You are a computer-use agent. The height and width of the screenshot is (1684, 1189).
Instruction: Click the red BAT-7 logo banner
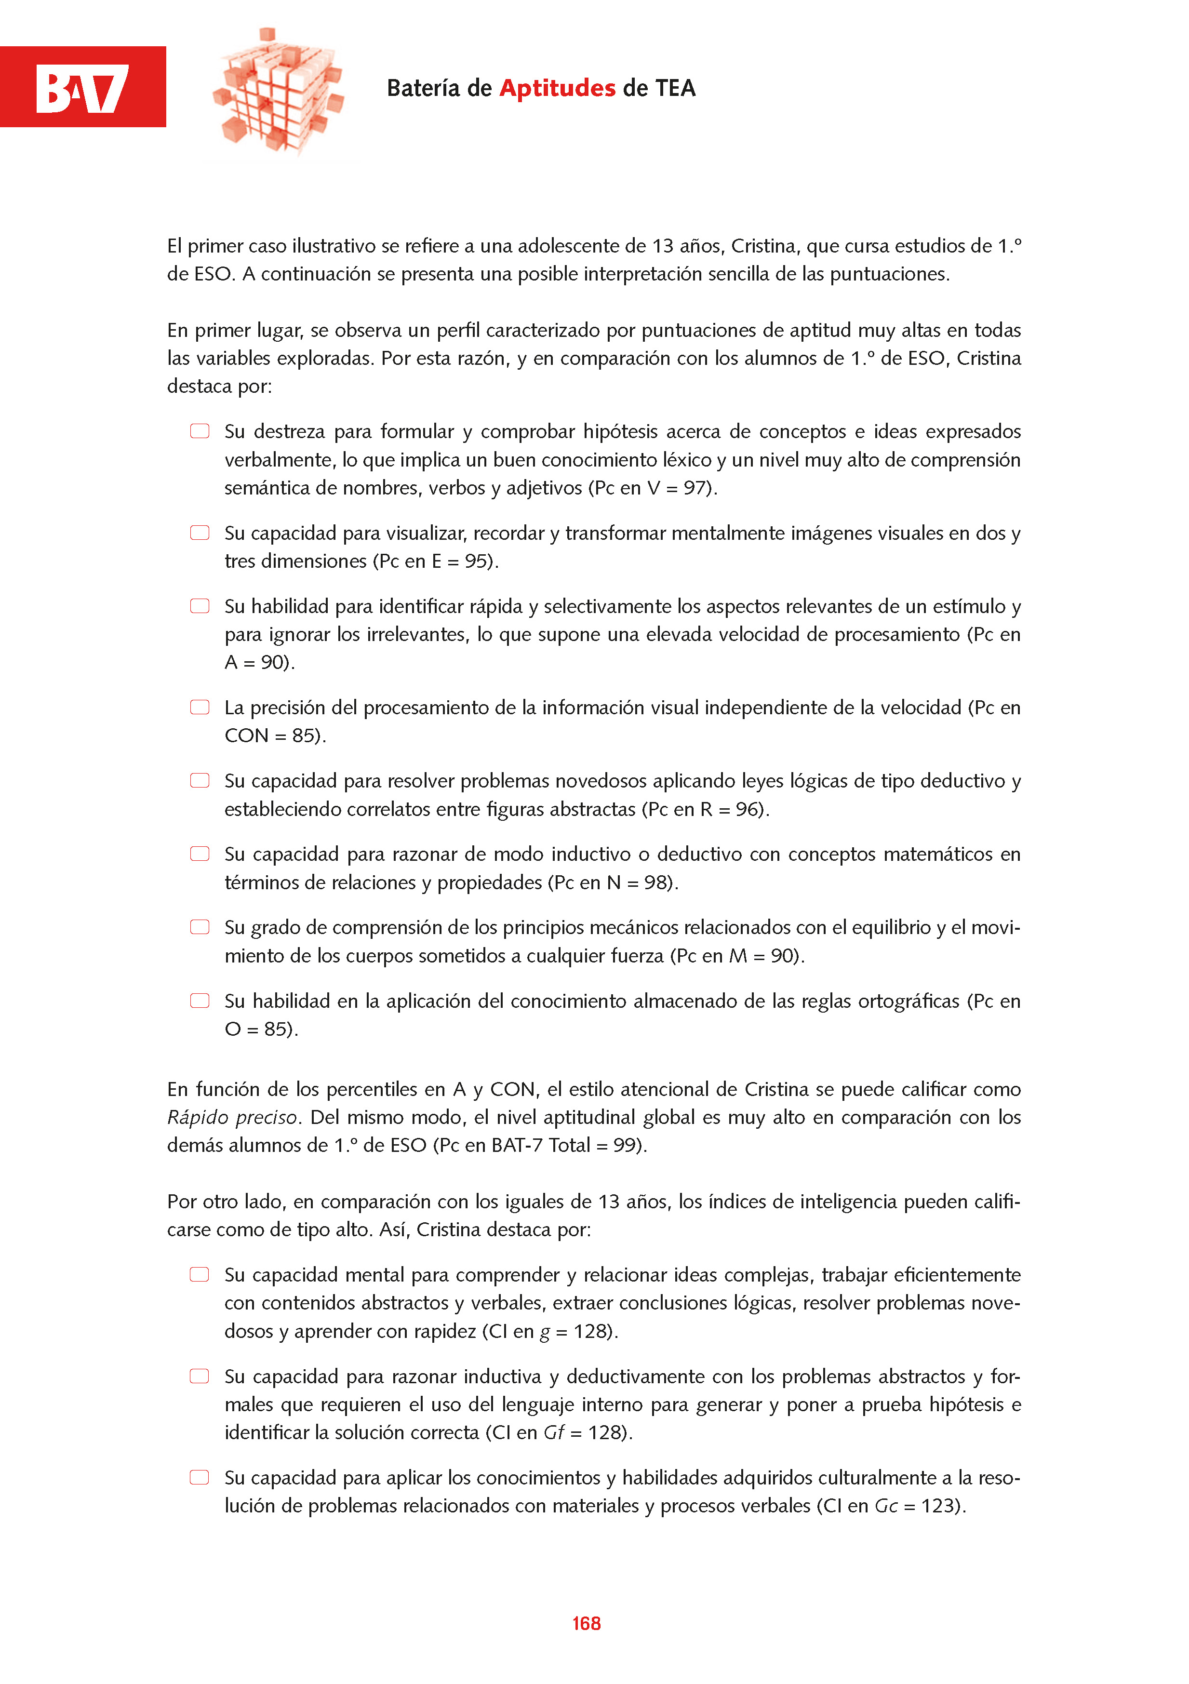tap(83, 87)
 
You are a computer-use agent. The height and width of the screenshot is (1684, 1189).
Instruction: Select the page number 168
tap(586, 1623)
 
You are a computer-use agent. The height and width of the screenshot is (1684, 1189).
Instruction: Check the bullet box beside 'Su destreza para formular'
tap(200, 431)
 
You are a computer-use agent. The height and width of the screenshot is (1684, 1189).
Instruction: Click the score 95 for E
tap(476, 561)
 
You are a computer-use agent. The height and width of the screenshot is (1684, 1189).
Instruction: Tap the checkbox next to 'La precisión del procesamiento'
tap(200, 707)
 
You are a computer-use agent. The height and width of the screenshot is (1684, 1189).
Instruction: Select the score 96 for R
tap(748, 809)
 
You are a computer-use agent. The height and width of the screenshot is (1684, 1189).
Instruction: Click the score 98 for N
tap(656, 882)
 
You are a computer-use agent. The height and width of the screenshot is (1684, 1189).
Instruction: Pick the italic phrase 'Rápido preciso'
tap(232, 1118)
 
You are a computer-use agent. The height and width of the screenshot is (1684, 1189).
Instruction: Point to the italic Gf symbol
tap(553, 1432)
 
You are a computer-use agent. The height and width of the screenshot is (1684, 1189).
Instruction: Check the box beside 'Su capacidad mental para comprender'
tap(200, 1275)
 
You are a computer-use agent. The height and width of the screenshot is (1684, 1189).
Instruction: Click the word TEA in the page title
tap(675, 88)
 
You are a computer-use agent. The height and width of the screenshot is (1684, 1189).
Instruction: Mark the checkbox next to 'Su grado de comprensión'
tap(200, 927)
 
